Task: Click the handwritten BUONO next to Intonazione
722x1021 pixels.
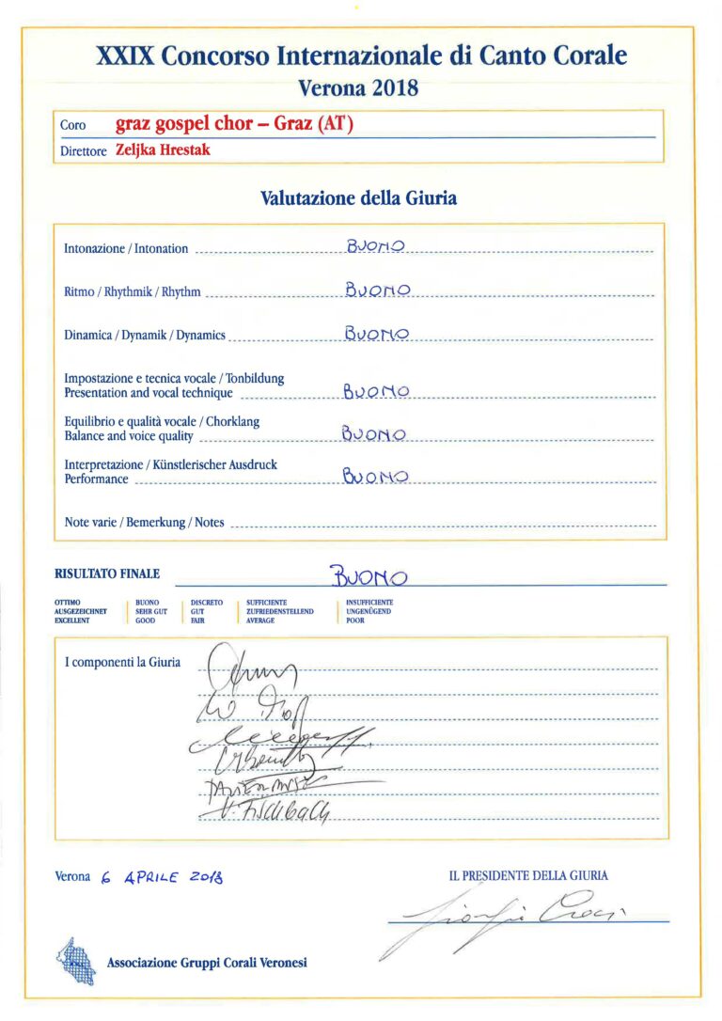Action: (x=375, y=247)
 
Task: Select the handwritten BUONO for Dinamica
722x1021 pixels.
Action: (x=376, y=334)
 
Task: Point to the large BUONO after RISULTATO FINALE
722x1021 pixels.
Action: (x=369, y=574)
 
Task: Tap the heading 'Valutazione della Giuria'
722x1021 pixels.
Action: (x=358, y=198)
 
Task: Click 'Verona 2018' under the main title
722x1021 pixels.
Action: (x=358, y=89)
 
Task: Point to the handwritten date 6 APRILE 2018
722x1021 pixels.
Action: (x=161, y=877)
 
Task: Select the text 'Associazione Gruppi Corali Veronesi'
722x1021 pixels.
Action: (x=207, y=963)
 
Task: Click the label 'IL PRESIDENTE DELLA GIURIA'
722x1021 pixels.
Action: (x=528, y=875)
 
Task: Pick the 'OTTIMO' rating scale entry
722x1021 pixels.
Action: (x=68, y=602)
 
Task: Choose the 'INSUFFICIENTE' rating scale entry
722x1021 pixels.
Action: (x=369, y=602)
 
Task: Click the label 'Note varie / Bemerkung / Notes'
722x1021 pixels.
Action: (x=144, y=522)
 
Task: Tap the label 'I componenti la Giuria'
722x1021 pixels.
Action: (x=122, y=662)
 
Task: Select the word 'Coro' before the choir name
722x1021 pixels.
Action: (x=72, y=125)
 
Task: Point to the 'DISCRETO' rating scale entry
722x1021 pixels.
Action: (x=207, y=602)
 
